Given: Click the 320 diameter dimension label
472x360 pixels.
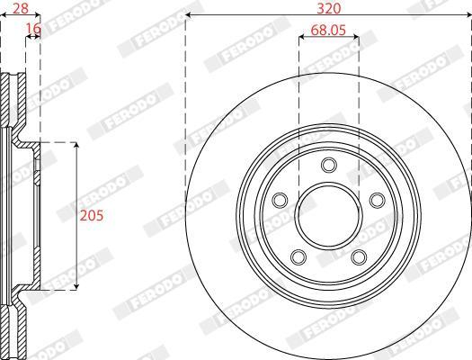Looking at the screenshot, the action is coord(329,8).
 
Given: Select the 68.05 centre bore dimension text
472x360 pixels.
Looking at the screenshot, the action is coord(328,30).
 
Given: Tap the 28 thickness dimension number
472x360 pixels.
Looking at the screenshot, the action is coord(21,8).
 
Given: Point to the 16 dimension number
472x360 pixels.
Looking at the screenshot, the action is coord(33,29).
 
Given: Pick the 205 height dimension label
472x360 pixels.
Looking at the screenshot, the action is coord(91,216).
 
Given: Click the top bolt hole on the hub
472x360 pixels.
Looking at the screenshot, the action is coord(329,165).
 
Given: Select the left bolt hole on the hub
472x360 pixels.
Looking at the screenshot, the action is coord(280,200).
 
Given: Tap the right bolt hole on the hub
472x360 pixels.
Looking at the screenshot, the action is coord(378,200).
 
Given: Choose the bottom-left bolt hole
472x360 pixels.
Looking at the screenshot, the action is coord(298,257).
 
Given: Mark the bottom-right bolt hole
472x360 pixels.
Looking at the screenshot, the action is coord(359,257).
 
